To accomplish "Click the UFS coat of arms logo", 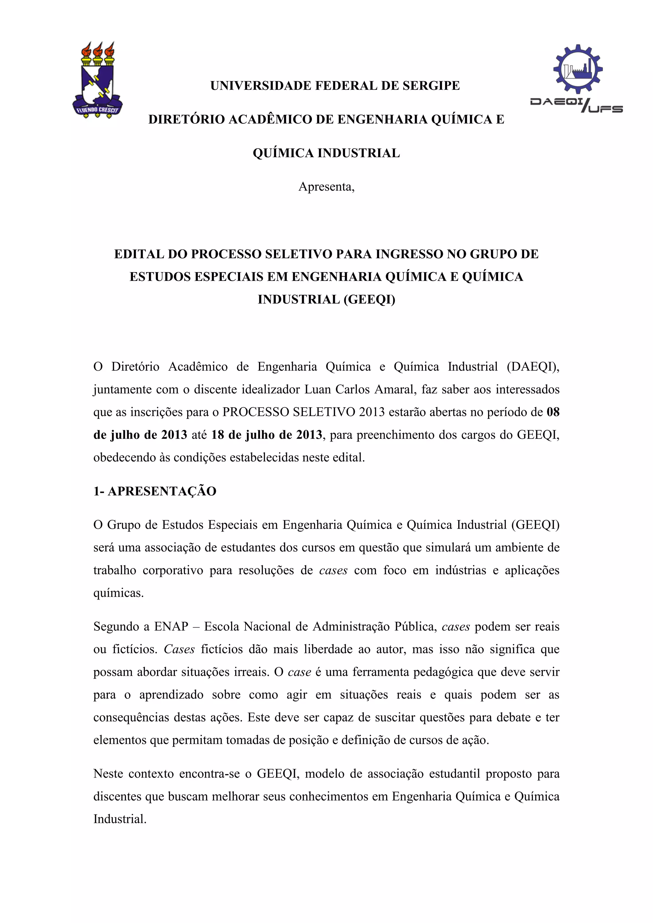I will [98, 80].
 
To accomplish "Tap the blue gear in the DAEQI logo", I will [577, 69].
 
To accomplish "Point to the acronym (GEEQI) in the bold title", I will [369, 300].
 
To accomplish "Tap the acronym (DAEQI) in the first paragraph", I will [533, 367].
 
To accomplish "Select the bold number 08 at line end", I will [553, 412].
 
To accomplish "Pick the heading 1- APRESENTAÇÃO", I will [155, 491].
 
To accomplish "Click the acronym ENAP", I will [171, 627].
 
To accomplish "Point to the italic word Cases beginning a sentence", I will [179, 649].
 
